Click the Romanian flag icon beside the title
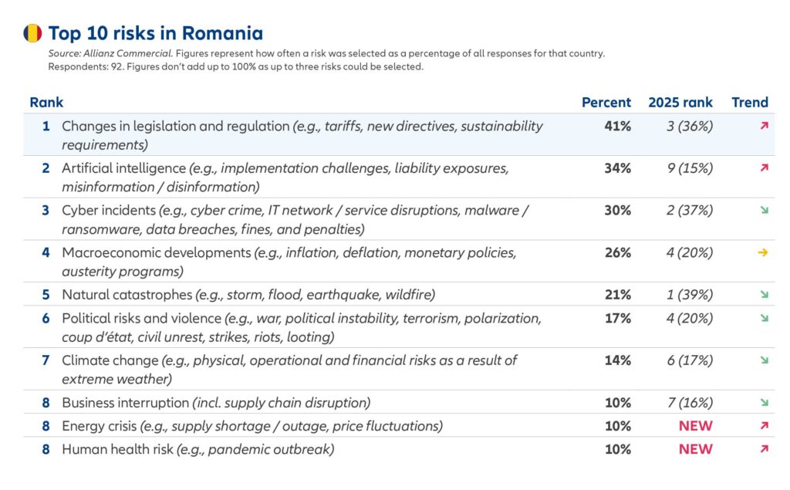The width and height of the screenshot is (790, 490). click(x=32, y=33)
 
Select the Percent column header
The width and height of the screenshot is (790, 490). click(x=606, y=102)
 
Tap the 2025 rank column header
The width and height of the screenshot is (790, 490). click(x=680, y=102)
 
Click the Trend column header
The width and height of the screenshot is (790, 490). click(x=749, y=102)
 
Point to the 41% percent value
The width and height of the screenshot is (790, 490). click(x=618, y=126)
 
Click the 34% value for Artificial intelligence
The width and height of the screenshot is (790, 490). click(x=618, y=168)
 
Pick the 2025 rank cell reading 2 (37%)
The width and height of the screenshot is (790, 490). click(x=689, y=210)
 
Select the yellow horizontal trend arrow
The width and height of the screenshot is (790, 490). click(x=763, y=252)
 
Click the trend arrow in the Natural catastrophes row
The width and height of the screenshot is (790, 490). click(x=764, y=294)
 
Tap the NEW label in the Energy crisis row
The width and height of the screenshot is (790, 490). click(x=695, y=426)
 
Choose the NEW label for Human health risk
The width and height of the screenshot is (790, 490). click(x=695, y=449)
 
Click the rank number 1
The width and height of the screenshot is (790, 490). click(x=46, y=126)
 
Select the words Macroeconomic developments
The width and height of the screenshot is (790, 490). click(x=157, y=252)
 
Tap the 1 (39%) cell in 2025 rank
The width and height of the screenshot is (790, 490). click(x=689, y=294)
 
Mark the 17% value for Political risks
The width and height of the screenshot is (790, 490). click(x=618, y=318)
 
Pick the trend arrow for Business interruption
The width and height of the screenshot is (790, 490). click(x=764, y=402)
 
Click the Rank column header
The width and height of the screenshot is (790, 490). click(x=46, y=102)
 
